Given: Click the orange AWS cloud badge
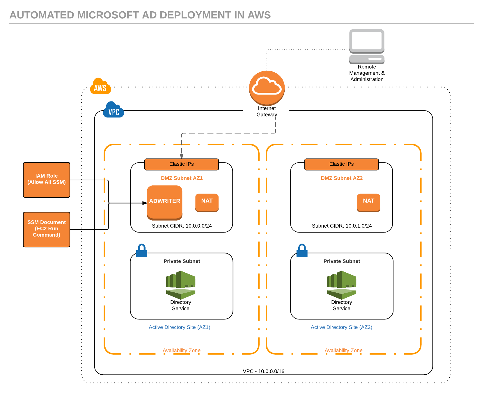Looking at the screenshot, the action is [101, 86].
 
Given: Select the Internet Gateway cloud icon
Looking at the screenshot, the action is [267, 88].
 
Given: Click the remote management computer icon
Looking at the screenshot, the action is [367, 47].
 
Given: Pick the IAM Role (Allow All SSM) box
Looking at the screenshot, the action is [47, 180].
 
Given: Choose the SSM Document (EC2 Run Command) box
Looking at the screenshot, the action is [47, 230].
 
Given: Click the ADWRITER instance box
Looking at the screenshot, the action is [165, 203].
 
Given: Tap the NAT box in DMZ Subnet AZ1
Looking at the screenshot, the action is [207, 203].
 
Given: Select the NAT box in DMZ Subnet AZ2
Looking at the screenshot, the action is [369, 203].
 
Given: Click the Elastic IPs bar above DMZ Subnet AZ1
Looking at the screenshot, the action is [182, 164].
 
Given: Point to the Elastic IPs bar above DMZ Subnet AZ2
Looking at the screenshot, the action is [342, 164].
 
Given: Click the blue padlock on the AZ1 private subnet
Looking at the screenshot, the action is [142, 250].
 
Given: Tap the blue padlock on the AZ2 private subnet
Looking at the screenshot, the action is [302, 250].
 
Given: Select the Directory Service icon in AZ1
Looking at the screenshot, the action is [181, 285].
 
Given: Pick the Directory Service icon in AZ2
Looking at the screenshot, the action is [342, 285].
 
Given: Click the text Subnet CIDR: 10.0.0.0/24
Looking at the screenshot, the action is [182, 226].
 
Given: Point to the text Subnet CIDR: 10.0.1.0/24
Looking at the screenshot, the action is [342, 226].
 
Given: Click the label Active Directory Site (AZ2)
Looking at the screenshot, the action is [342, 327].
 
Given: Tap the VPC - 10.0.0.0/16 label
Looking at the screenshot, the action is [264, 371].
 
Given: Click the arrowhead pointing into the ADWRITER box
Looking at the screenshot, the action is [145, 203].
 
